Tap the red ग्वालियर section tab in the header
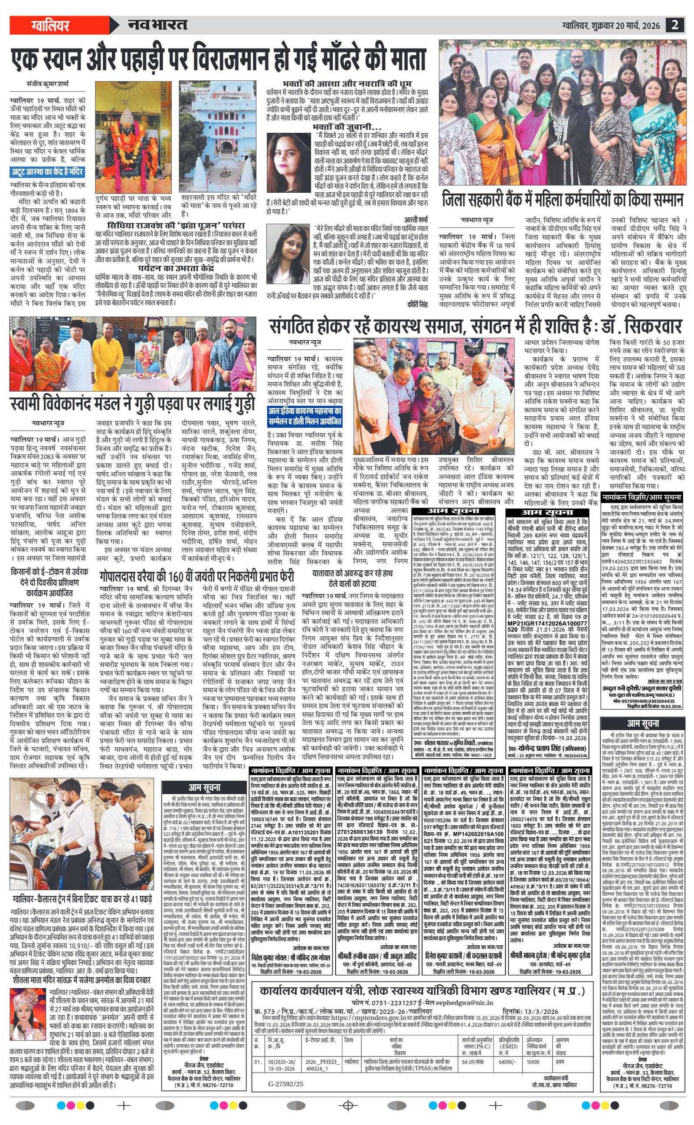click(50, 25)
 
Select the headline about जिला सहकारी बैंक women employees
click(562, 200)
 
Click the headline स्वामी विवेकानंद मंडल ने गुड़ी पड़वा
click(133, 404)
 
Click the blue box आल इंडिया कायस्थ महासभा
click(305, 416)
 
